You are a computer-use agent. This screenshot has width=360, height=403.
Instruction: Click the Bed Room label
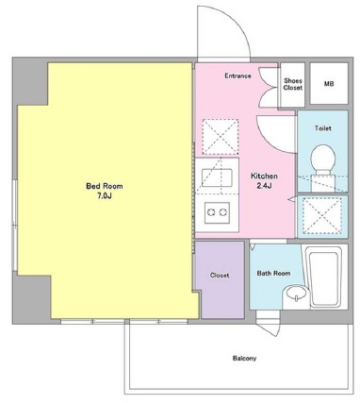[105, 186]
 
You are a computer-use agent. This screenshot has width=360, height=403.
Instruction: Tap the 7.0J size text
[105, 196]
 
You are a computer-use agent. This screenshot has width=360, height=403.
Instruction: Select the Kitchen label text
[264, 176]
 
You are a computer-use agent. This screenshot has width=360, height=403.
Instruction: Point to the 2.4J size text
[264, 186]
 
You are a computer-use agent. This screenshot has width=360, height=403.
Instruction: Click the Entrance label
[237, 76]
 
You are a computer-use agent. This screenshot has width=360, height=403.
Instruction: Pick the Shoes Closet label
[293, 84]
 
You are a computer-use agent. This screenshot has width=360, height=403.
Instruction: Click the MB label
[329, 84]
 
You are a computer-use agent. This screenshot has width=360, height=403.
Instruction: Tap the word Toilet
[323, 128]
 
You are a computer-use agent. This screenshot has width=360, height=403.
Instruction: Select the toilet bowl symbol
[322, 166]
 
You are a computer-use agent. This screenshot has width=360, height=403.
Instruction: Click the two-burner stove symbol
[217, 213]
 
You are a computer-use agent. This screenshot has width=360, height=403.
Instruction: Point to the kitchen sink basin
[217, 177]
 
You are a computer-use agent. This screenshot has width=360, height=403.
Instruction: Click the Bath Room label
[273, 273]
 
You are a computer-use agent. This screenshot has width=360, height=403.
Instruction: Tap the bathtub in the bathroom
[323, 277]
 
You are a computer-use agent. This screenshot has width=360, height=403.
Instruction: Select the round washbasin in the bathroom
[296, 293]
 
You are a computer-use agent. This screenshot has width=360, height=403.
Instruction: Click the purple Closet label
[220, 276]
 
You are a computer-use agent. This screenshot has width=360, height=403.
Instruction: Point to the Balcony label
[244, 358]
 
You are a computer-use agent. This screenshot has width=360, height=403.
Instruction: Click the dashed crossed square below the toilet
[322, 216]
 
